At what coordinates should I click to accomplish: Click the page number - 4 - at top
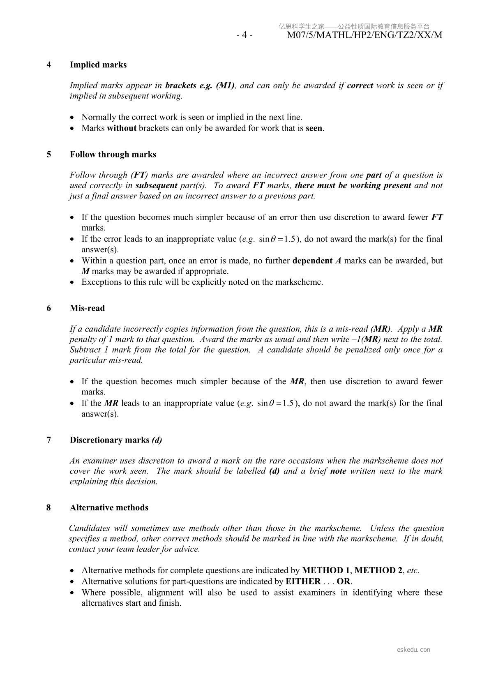click(x=244, y=35)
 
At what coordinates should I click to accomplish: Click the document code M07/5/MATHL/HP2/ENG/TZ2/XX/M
click(x=364, y=35)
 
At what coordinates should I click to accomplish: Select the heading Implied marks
click(x=98, y=65)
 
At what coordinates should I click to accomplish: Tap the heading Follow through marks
click(x=113, y=155)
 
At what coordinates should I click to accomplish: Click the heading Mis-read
click(x=87, y=308)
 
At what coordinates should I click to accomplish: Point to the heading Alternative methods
click(x=109, y=507)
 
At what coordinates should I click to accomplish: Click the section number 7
click(x=49, y=440)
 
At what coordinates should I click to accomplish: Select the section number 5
click(x=49, y=155)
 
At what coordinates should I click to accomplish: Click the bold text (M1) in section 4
click(x=226, y=85)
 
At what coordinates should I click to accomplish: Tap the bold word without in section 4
click(x=122, y=128)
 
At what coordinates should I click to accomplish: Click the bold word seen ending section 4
click(x=314, y=128)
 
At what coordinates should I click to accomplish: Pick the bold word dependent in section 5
click(x=312, y=261)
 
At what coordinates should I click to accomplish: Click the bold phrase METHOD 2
click(x=378, y=570)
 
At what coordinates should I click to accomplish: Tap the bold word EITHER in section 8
click(x=303, y=581)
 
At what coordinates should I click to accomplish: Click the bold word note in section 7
click(x=338, y=471)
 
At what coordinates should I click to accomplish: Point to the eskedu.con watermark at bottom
click(x=413, y=650)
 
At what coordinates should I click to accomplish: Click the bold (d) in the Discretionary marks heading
click(x=157, y=440)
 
